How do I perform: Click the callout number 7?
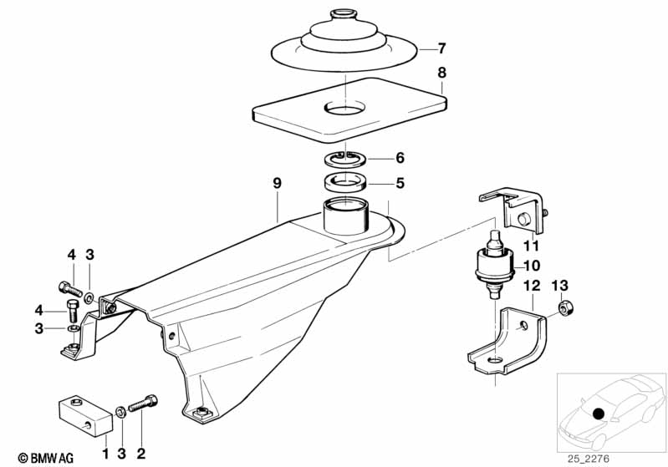point(441,48)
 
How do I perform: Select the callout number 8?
point(441,73)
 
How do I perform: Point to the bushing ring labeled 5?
point(345,182)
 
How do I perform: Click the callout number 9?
point(277,184)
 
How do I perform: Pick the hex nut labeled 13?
point(565,307)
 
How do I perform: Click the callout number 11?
point(531,246)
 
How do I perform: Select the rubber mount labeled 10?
point(494,264)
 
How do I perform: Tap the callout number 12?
point(532,286)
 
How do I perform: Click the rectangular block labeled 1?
point(84,416)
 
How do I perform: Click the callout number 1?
point(105,454)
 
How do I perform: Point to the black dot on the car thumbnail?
point(599,414)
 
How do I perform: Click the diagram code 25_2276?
point(589,459)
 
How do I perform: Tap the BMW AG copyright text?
point(46,458)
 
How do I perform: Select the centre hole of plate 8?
point(345,107)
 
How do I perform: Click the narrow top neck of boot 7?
point(344,14)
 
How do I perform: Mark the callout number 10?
point(532,266)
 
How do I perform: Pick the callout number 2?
point(141,454)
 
